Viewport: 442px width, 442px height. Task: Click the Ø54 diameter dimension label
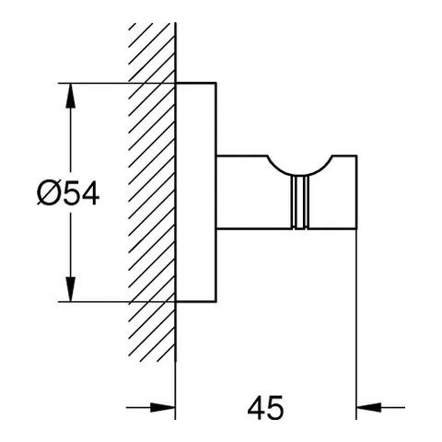coord(68,193)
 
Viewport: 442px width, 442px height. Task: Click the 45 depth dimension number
coord(266,408)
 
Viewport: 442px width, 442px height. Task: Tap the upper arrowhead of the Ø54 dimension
coord(71,96)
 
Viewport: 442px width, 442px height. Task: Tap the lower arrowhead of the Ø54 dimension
coord(71,289)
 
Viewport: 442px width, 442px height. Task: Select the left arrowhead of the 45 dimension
coord(163,408)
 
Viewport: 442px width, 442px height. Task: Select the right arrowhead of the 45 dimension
coord(368,408)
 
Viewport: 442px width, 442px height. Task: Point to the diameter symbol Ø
coord(49,193)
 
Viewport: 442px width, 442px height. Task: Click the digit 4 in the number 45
coord(256,408)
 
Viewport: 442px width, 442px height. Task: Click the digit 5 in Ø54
coord(71,193)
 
